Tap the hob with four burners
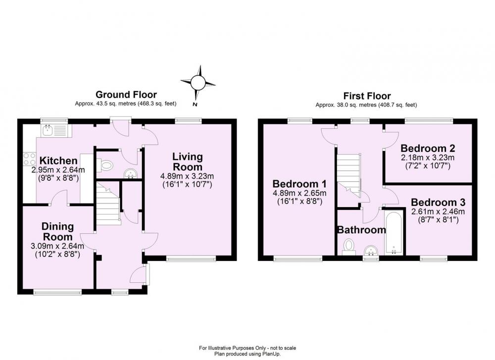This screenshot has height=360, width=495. (29, 159)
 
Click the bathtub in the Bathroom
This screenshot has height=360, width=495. (394, 233)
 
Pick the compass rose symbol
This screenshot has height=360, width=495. (198, 83)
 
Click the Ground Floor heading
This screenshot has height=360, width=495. (126, 95)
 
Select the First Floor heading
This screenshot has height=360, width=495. (367, 96)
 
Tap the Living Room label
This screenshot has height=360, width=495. (188, 161)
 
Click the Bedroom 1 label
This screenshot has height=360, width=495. (299, 184)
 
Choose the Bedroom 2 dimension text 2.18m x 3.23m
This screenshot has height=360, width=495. (428, 157)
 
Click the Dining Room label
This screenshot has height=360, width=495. (57, 231)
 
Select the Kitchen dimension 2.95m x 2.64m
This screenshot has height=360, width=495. (58, 170)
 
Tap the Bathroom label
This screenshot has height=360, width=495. (361, 230)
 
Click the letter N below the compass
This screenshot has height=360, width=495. (195, 104)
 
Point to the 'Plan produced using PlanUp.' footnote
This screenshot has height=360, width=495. (247, 354)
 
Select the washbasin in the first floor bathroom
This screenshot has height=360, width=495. (371, 251)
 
